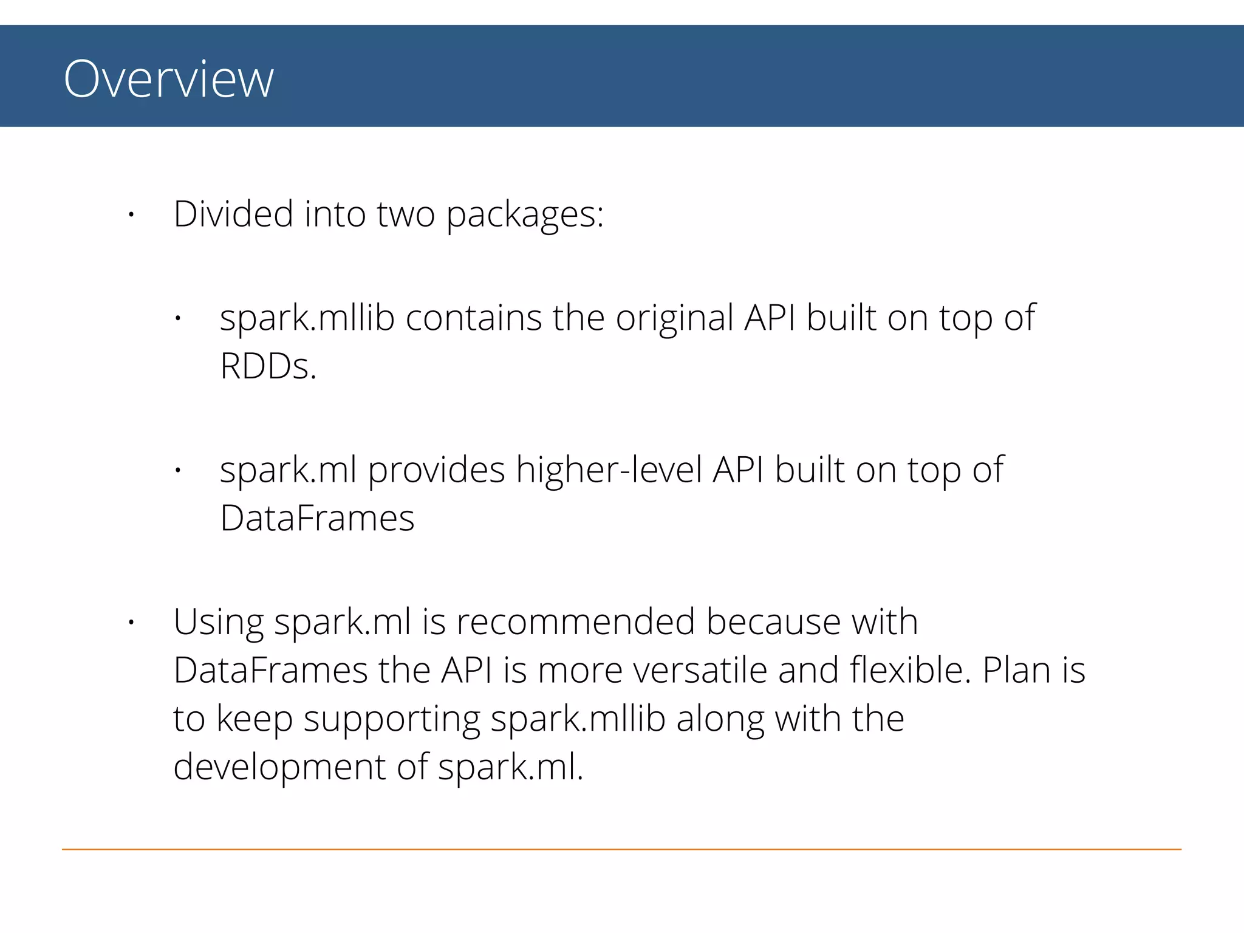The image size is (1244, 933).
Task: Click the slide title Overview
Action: pyautogui.click(x=169, y=79)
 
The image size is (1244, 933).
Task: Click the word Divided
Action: pyautogui.click(x=233, y=214)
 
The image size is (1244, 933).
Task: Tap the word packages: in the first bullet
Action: pyautogui.click(x=525, y=216)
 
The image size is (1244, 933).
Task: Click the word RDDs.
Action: pyautogui.click(x=268, y=367)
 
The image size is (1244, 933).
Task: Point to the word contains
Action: pyautogui.click(x=473, y=318)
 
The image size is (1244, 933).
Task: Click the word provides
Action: pyautogui.click(x=436, y=471)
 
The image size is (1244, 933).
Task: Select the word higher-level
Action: pyautogui.click(x=609, y=470)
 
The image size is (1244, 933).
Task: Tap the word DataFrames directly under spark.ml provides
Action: pyautogui.click(x=317, y=519)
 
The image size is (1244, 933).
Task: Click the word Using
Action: pyautogui.click(x=219, y=623)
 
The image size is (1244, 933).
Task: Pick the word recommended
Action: pyautogui.click(x=575, y=622)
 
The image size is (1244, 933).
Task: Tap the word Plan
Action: pyautogui.click(x=1017, y=671)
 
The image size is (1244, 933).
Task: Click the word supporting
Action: pyautogui.click(x=392, y=720)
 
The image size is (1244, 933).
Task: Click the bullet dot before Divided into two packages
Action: pyautogui.click(x=131, y=214)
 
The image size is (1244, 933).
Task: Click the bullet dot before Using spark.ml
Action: pyautogui.click(x=131, y=623)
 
